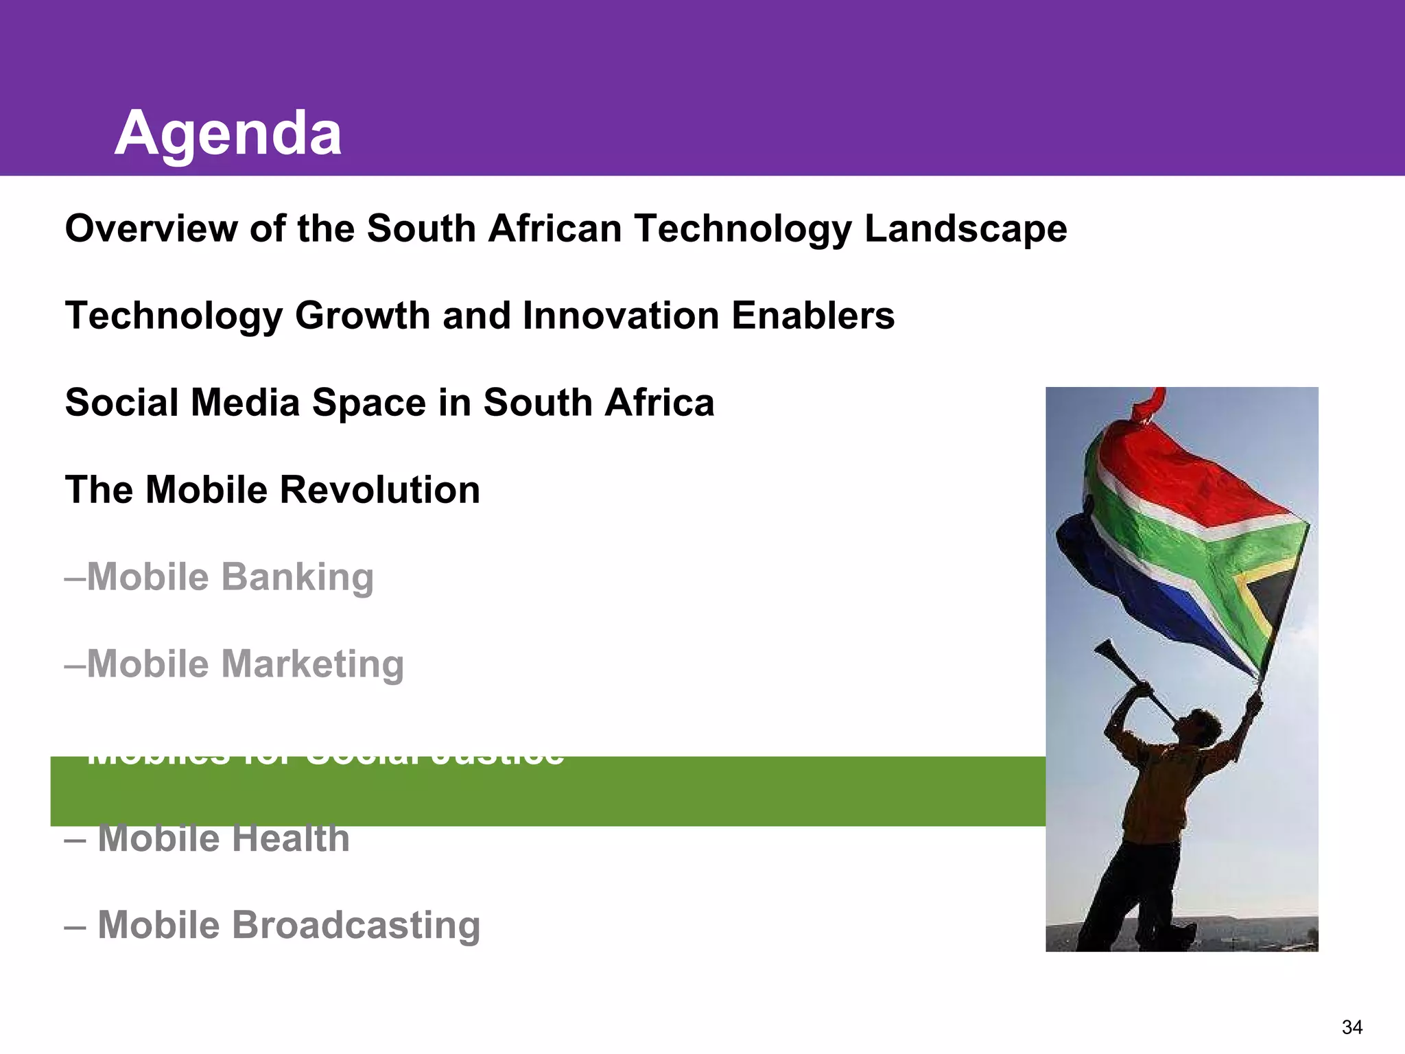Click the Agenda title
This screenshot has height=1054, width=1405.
click(x=228, y=134)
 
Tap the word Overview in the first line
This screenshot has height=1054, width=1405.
click(x=150, y=228)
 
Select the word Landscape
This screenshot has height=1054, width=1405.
click(x=965, y=229)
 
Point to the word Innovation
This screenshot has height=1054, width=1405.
click(x=620, y=316)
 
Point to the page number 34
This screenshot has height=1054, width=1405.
click(x=1351, y=1027)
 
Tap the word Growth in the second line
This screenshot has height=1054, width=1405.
click(x=362, y=316)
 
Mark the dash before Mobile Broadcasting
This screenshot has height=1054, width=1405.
click(x=75, y=927)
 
